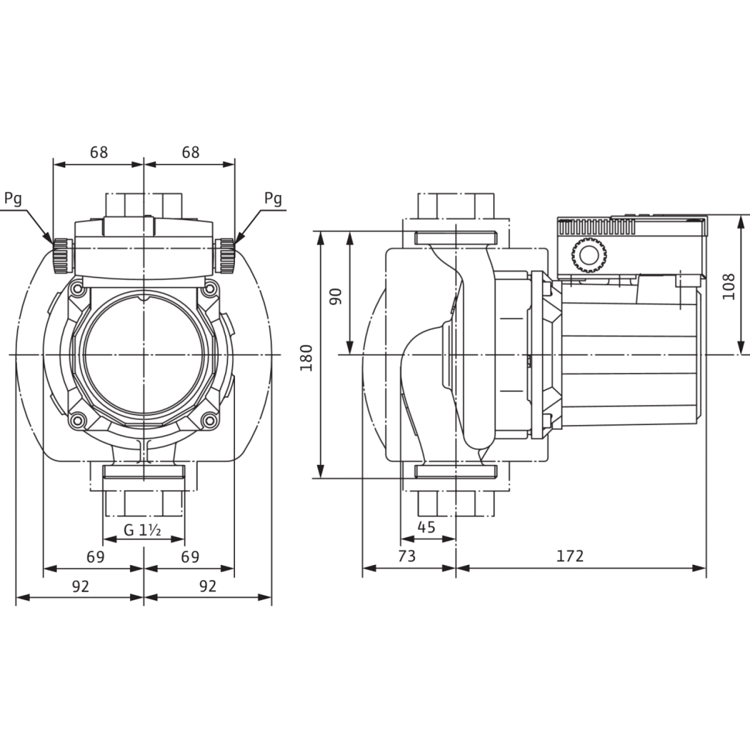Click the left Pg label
point(13,199)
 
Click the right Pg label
point(273,199)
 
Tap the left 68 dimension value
point(99,152)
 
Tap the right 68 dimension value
point(191,152)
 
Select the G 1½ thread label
point(142,530)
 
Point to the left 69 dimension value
point(96,557)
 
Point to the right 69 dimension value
point(191,557)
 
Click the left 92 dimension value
point(81,586)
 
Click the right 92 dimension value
point(207,586)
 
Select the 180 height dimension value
point(307,357)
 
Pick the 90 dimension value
point(336,297)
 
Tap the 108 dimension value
point(729,286)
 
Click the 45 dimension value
point(426,527)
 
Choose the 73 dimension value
point(407,556)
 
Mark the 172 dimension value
point(570,556)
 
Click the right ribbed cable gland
point(225,256)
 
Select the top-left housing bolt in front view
point(77,288)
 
